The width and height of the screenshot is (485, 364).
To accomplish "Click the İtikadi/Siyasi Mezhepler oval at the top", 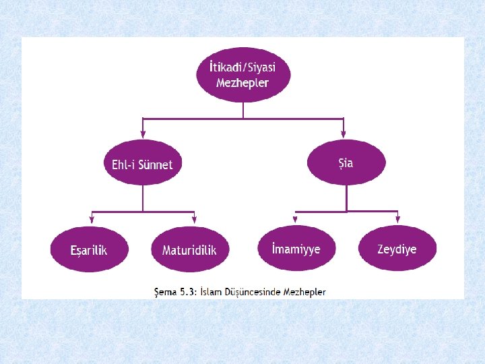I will [x=243, y=75].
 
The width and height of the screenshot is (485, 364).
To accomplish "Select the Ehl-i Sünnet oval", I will [x=142, y=164].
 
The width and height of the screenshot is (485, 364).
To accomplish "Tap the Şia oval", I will [x=346, y=162].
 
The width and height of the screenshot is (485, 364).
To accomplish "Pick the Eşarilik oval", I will [x=89, y=249].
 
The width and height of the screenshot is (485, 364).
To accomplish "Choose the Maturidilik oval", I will [x=190, y=249].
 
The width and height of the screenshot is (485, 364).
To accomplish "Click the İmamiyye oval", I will [x=296, y=248].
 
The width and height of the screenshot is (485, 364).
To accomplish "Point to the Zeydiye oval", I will [x=397, y=248].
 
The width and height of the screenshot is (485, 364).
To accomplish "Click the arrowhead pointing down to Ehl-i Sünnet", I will [x=143, y=132].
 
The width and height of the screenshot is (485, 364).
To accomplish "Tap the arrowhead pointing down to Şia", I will [x=344, y=132].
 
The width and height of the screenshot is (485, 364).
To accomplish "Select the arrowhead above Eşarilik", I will [x=92, y=220].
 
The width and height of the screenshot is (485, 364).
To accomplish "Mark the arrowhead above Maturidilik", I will [x=194, y=220].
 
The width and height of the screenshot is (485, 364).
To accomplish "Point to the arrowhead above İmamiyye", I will [x=296, y=220].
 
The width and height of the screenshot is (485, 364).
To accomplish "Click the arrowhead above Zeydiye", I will [x=397, y=220].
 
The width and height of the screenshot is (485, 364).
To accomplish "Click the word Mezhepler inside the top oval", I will [x=243, y=83].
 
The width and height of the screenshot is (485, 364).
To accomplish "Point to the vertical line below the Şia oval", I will [x=346, y=197].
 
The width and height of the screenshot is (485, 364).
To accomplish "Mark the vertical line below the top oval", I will [x=243, y=111].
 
